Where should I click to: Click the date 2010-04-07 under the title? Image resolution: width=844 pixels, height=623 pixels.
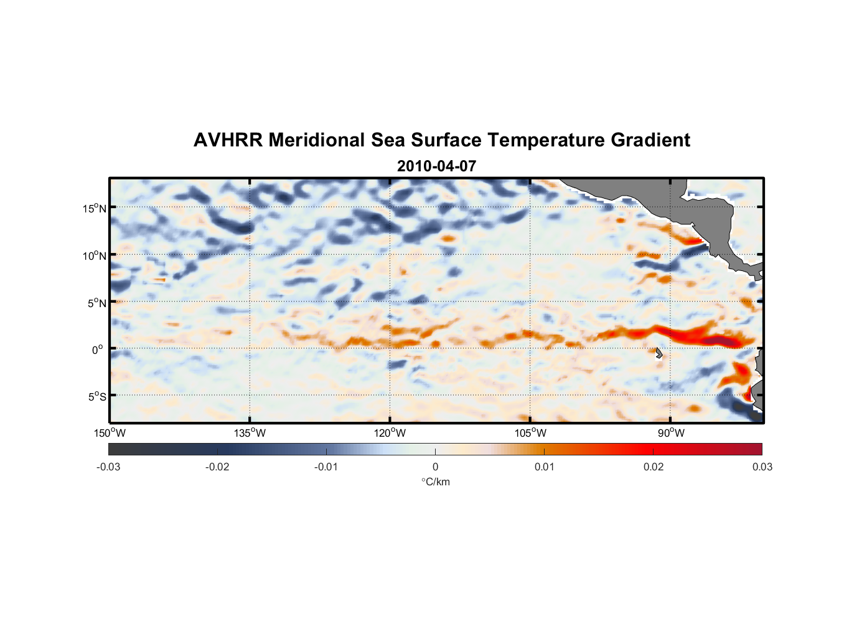pyautogui.click(x=436, y=166)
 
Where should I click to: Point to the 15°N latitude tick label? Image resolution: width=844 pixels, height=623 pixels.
pyautogui.click(x=95, y=209)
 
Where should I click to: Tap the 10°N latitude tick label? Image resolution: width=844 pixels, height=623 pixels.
pyautogui.click(x=95, y=255)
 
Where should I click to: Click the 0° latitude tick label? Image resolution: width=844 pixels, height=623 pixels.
pyautogui.click(x=98, y=350)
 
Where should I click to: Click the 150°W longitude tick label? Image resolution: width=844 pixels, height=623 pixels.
pyautogui.click(x=110, y=434)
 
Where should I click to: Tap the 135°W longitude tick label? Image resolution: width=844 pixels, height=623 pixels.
pyautogui.click(x=250, y=434)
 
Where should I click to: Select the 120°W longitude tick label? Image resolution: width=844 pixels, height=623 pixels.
pyautogui.click(x=390, y=434)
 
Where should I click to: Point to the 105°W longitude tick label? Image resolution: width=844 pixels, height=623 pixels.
pyautogui.click(x=530, y=434)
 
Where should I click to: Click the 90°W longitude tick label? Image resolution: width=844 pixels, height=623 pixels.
pyautogui.click(x=671, y=434)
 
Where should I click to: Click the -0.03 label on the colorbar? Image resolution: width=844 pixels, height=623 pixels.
pyautogui.click(x=108, y=467)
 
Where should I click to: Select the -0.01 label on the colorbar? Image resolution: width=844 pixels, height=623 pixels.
pyautogui.click(x=326, y=467)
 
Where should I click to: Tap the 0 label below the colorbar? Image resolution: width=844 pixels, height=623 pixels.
pyautogui.click(x=435, y=467)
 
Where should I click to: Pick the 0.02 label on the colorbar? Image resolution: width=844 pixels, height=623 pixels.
pyautogui.click(x=654, y=467)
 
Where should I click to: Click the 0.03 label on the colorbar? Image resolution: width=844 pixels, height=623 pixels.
pyautogui.click(x=762, y=467)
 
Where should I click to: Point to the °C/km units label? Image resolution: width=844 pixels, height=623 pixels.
pyautogui.click(x=435, y=482)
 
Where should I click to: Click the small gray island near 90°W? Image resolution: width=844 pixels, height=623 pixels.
pyautogui.click(x=659, y=353)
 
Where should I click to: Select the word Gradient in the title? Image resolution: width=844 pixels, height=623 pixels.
pyautogui.click(x=650, y=140)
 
